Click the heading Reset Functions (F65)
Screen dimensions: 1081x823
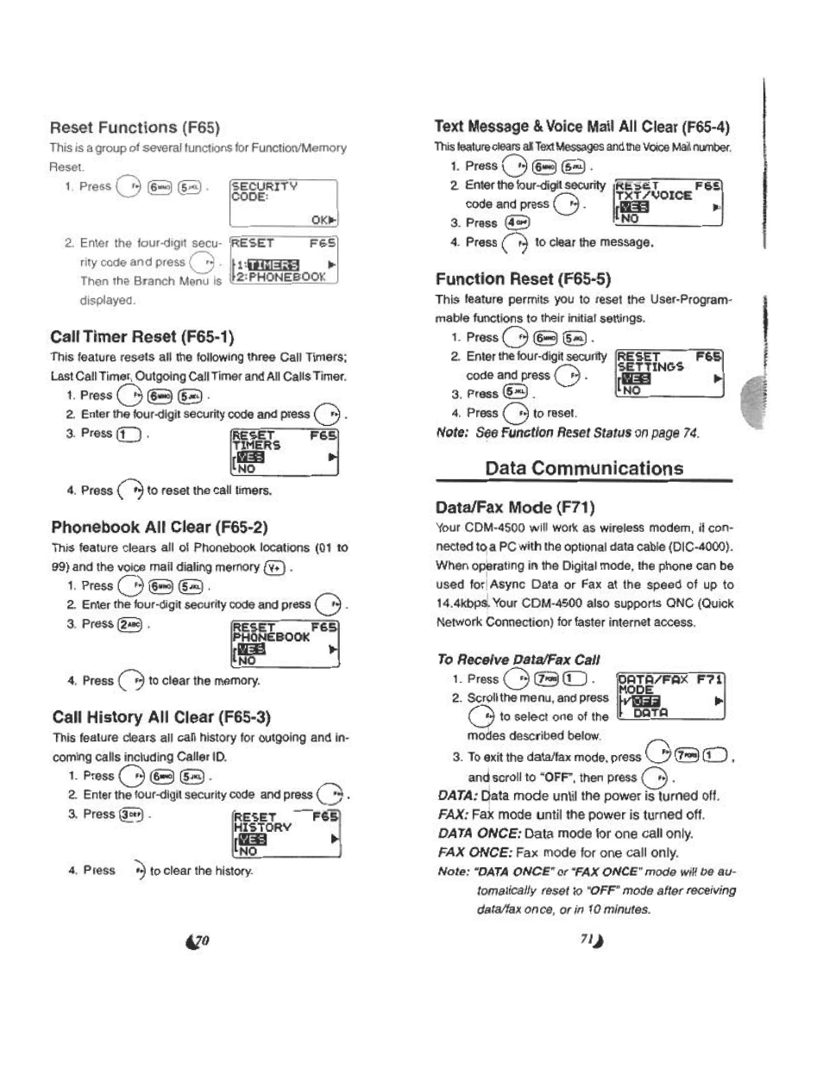135,128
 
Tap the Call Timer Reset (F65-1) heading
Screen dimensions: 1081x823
142,336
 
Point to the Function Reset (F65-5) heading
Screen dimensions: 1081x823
523,278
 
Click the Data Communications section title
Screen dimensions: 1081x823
584,468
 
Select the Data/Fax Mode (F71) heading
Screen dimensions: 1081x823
516,507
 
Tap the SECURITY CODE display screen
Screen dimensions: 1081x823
283,201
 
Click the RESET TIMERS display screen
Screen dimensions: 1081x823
285,452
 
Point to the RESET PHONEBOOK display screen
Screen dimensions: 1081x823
285,643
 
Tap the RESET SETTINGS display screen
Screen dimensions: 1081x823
669,373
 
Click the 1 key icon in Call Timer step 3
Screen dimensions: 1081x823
129,434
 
